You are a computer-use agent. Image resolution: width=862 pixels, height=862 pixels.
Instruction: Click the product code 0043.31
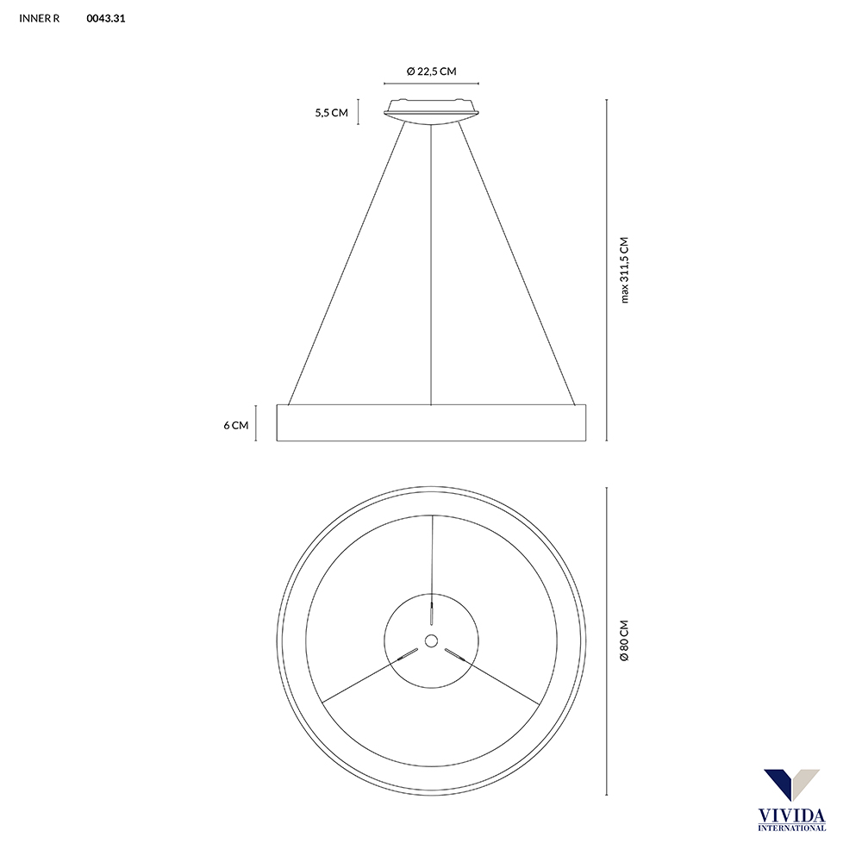click(106, 17)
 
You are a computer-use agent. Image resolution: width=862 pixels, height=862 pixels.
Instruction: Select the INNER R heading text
click(40, 17)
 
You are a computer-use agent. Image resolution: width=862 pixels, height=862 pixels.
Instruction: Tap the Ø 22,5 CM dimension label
click(431, 72)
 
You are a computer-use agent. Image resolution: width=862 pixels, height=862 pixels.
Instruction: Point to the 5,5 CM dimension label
click(331, 113)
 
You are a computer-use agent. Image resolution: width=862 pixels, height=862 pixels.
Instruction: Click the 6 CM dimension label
click(235, 425)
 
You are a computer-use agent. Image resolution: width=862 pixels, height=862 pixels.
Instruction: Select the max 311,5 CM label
click(625, 270)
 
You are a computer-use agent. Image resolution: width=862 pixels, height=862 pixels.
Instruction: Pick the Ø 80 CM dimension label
click(625, 640)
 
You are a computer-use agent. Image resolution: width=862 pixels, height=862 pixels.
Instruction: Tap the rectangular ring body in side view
click(431, 422)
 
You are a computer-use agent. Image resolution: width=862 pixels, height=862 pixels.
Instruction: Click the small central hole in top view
click(431, 640)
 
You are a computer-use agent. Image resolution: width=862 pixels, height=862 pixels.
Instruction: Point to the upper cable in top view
click(431, 560)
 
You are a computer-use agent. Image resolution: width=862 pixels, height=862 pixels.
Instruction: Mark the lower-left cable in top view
click(362, 678)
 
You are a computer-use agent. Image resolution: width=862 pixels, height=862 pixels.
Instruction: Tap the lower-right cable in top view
click(500, 678)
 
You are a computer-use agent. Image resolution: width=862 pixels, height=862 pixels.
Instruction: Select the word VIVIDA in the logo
click(791, 815)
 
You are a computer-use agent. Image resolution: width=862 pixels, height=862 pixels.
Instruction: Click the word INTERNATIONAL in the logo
click(791, 828)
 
